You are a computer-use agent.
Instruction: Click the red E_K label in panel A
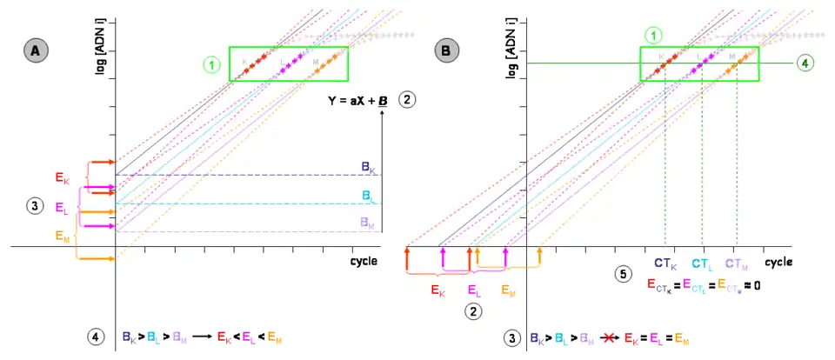click(x=63, y=179)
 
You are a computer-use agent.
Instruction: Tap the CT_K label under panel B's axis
click(x=665, y=263)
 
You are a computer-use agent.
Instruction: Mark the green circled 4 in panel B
click(x=805, y=63)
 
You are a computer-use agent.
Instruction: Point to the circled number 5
click(x=621, y=274)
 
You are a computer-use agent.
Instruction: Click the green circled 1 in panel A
click(x=211, y=64)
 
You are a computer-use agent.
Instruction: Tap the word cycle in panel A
click(x=364, y=261)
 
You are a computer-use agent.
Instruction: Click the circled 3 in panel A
click(x=33, y=206)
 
